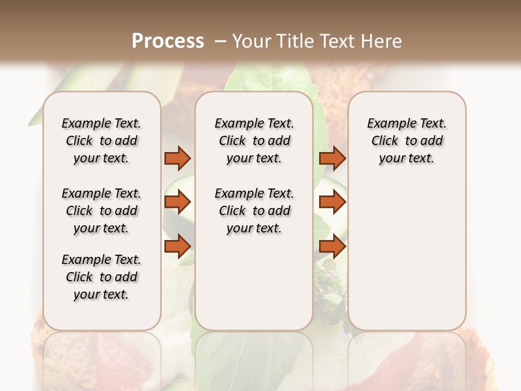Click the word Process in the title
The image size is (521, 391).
[x=168, y=41]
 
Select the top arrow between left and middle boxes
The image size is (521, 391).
[x=177, y=159]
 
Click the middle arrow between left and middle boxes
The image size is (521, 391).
[x=177, y=203]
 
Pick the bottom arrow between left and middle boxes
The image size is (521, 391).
[x=177, y=247]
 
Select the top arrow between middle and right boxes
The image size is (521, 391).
[x=332, y=159]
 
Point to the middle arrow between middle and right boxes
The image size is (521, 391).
[x=332, y=203]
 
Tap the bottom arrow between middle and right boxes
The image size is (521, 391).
[x=332, y=247]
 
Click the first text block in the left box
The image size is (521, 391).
[x=101, y=141]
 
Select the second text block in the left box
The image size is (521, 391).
[x=101, y=211]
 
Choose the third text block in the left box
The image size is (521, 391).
[x=101, y=277]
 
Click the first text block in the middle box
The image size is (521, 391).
[x=254, y=141]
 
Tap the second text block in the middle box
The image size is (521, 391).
[x=254, y=211]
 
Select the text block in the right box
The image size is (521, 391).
[x=406, y=141]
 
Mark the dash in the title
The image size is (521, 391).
[x=220, y=41]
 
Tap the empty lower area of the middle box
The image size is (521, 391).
[x=254, y=282]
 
